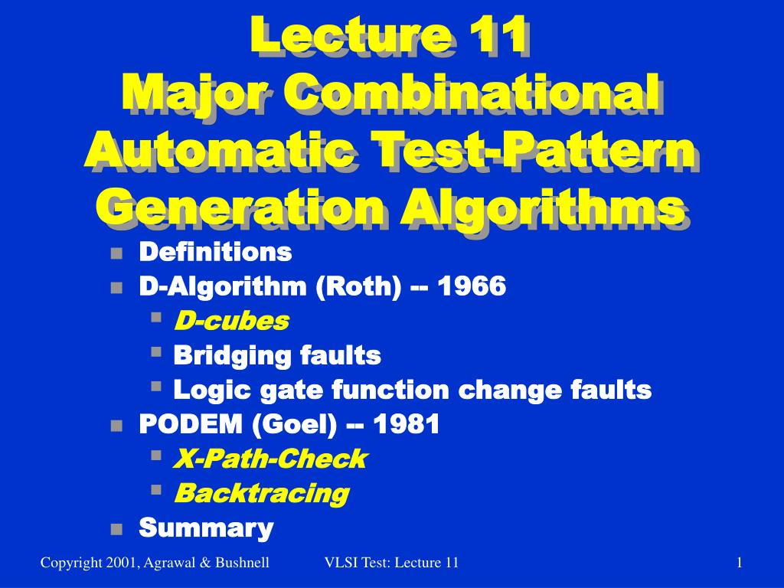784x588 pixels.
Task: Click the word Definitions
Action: point(215,251)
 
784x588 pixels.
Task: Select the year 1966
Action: point(472,286)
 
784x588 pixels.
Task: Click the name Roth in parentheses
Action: point(359,286)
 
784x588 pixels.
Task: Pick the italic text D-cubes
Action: point(231,321)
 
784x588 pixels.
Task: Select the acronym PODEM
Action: point(191,424)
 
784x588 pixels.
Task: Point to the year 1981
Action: point(406,424)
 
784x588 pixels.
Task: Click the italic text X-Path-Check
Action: point(270,459)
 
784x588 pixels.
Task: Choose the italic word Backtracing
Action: point(262,494)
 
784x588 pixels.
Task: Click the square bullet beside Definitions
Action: point(116,253)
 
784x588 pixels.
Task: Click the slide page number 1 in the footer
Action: point(739,563)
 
